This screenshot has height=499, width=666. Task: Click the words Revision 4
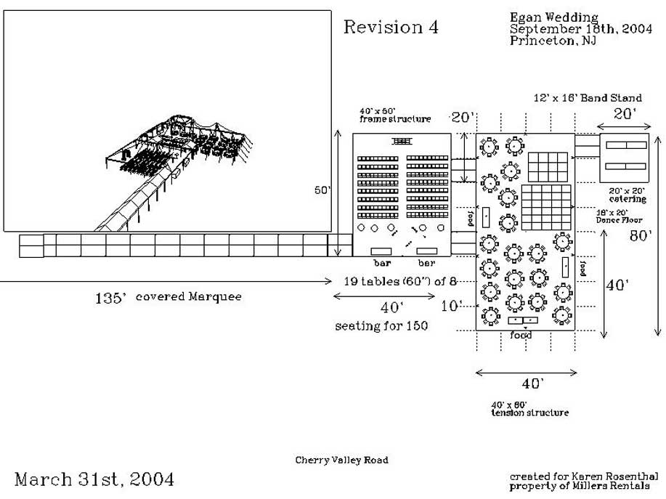(x=391, y=28)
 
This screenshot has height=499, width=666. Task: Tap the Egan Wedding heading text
(x=554, y=17)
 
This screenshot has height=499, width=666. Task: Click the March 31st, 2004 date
(x=94, y=479)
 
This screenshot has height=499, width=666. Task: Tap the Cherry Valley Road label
(x=341, y=460)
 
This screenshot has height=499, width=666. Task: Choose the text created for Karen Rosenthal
(x=580, y=476)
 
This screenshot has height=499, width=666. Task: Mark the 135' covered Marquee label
(x=168, y=296)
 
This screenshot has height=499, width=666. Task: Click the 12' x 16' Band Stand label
(x=588, y=97)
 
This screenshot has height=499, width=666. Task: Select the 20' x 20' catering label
(x=628, y=194)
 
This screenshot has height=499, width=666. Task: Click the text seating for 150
(x=381, y=326)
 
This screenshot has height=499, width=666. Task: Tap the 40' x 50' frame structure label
(x=394, y=115)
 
